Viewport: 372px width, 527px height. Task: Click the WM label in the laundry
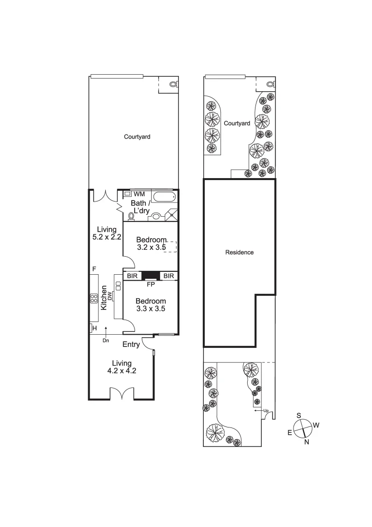[139, 194]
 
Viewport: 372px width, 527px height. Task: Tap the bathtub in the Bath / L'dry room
[164, 198]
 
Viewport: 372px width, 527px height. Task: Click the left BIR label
[132, 276]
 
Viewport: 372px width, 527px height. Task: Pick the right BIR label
[169, 276]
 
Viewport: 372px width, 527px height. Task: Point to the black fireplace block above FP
[151, 276]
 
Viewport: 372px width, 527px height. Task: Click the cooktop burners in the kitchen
[94, 298]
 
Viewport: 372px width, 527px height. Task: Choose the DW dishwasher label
[110, 296]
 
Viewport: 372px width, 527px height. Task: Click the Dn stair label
[105, 341]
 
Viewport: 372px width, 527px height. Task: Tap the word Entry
[131, 345]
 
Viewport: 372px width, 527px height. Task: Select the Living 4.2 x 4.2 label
[121, 367]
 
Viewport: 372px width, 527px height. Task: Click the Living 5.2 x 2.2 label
[106, 233]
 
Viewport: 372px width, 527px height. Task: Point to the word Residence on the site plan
[239, 252]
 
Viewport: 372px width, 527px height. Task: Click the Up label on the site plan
[266, 410]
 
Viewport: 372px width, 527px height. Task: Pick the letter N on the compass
[307, 442]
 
